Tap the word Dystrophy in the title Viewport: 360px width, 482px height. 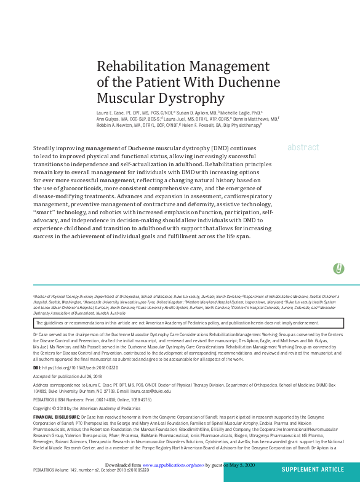pos(190,97)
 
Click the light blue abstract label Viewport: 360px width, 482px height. pos(303,148)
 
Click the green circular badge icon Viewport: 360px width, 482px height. pos(338,268)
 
